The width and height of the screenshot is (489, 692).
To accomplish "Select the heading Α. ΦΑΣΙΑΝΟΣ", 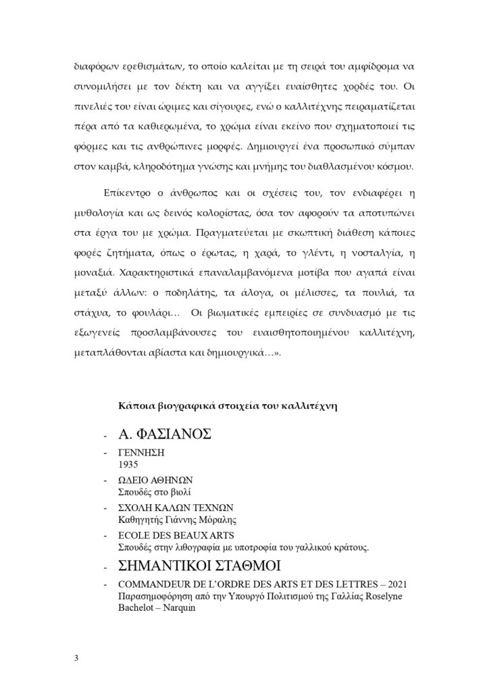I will (x=165, y=433).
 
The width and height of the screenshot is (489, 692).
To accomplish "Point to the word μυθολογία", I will (x=101, y=216).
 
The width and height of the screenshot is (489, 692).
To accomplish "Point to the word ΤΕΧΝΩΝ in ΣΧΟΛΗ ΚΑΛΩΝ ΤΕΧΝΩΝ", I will (x=215, y=508).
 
